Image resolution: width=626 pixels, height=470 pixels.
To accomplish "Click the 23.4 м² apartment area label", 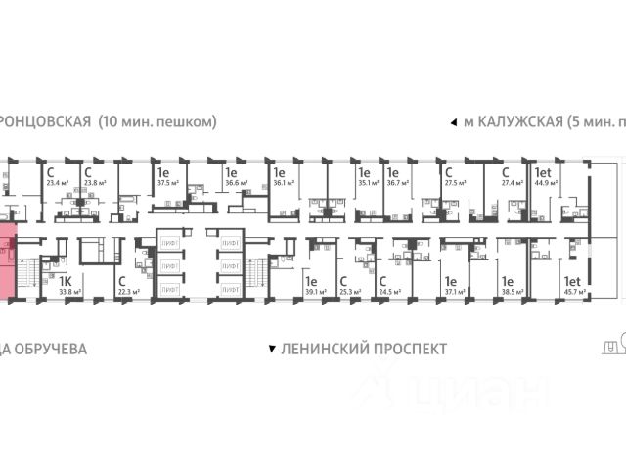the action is pyautogui.click(x=56, y=181).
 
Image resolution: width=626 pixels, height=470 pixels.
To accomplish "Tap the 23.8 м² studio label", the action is pyautogui.click(x=94, y=181).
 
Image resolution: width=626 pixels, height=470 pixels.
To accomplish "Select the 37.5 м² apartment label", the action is pyautogui.click(x=166, y=181).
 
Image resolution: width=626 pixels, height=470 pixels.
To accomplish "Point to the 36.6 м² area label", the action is pyautogui.click(x=235, y=181).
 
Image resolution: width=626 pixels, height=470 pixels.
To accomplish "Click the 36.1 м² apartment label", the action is pyautogui.click(x=283, y=181).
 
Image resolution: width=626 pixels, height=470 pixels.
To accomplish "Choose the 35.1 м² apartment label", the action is pyautogui.click(x=368, y=181).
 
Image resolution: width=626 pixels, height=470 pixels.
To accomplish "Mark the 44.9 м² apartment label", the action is pyautogui.click(x=544, y=181).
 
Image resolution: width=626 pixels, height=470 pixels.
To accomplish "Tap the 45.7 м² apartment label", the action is pyautogui.click(x=574, y=291).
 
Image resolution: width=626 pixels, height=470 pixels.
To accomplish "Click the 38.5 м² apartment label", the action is pyautogui.click(x=511, y=291).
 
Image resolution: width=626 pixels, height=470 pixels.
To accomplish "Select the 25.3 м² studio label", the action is pyautogui.click(x=346, y=291).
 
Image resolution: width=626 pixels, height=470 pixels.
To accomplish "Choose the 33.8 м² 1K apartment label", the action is pyautogui.click(x=67, y=291).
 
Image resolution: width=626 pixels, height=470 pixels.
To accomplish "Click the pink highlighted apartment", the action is pyautogui.click(x=8, y=262).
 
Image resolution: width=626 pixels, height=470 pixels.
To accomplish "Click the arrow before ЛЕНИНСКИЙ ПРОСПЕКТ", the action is pyautogui.click(x=271, y=349).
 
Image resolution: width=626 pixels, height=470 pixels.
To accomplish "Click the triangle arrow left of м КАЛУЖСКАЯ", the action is pyautogui.click(x=452, y=123).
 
